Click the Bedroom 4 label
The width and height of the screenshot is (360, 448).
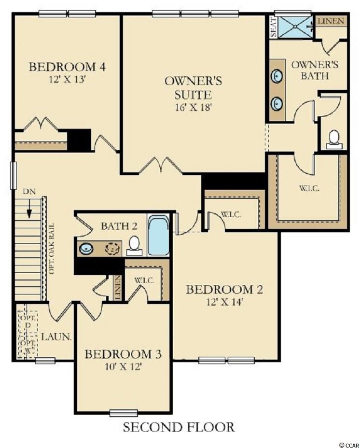68,67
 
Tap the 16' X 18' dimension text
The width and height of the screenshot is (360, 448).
194,107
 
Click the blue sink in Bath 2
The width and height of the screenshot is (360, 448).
86,249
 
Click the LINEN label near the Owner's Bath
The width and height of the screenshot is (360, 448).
331,21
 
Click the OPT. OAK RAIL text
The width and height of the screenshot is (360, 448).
52,249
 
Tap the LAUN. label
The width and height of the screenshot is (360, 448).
56,337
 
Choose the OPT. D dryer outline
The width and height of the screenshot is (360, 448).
28,322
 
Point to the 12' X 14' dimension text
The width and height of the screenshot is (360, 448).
224,302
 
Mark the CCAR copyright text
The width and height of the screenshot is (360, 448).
348,445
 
